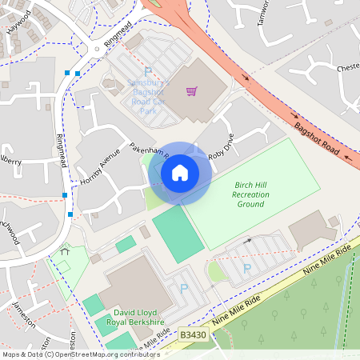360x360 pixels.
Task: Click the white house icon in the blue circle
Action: [179, 172]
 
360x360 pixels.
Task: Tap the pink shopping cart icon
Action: [191, 91]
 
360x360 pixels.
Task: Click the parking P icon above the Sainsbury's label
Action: [147, 71]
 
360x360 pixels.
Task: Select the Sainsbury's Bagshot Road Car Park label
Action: [148, 93]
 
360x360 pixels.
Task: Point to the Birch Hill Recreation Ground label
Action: [250, 194]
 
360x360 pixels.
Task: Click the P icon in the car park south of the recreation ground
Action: [246, 270]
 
